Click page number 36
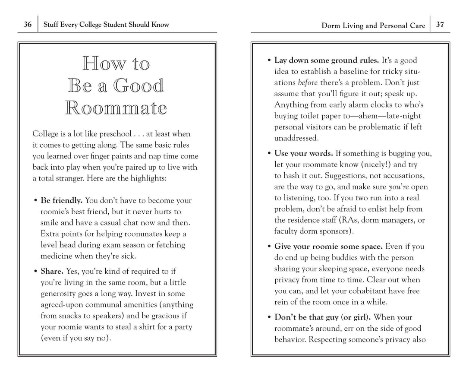point(28,25)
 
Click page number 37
point(440,25)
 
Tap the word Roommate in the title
point(116,108)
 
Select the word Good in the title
point(139,86)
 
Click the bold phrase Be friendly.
point(61,200)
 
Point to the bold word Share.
point(52,271)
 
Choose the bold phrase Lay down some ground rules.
point(327,60)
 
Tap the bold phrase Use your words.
point(304,153)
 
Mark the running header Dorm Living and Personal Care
point(373,25)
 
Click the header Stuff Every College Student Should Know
point(106,25)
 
